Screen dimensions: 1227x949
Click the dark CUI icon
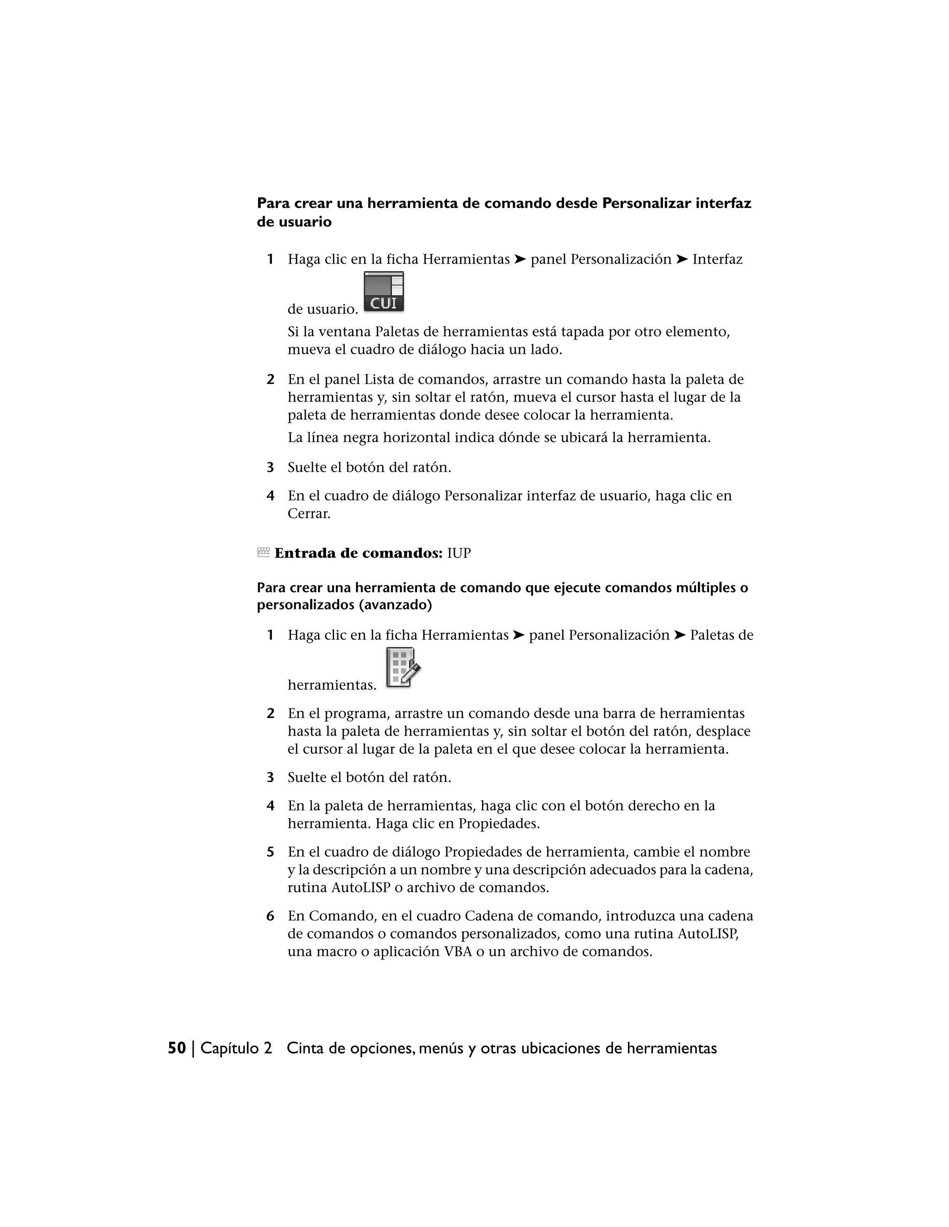(x=384, y=292)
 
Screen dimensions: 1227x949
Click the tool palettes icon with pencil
(x=403, y=667)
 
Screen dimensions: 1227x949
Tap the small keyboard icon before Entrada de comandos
(x=263, y=553)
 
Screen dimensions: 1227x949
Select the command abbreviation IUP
(x=459, y=553)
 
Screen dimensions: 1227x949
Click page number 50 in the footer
(x=177, y=1048)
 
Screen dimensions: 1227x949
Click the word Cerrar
(x=309, y=513)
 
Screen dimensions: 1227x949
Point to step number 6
(x=271, y=916)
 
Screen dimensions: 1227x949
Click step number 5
(x=271, y=852)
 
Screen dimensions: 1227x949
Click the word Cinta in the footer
(x=305, y=1048)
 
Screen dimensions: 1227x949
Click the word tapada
(x=582, y=332)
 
